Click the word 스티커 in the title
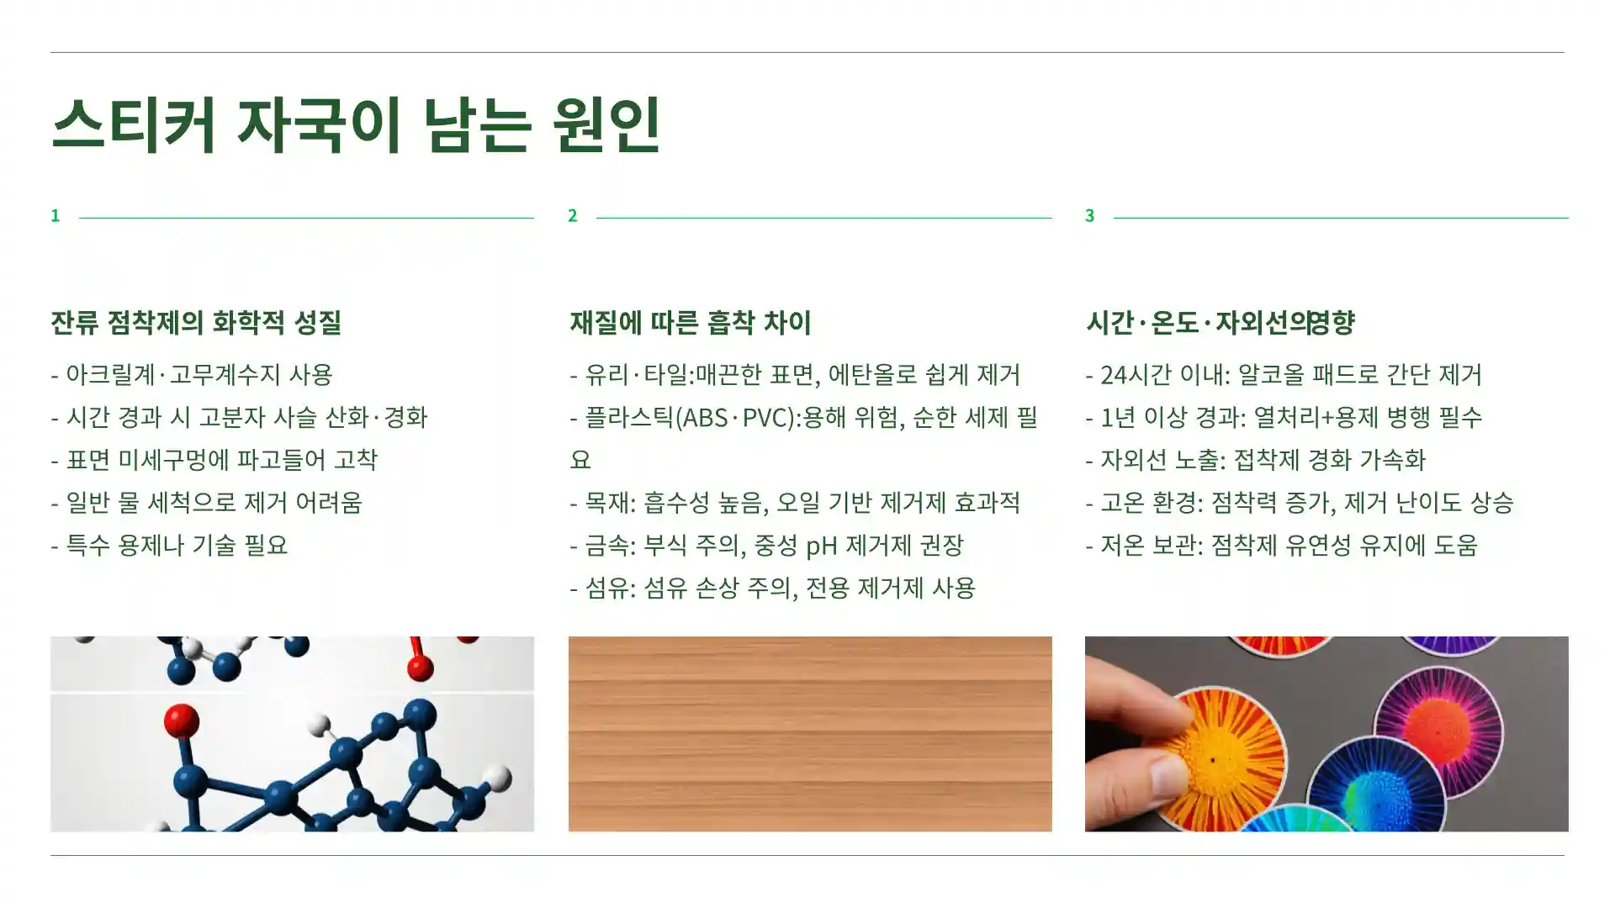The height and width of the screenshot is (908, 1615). [x=135, y=124]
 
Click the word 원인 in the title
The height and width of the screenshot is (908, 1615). [x=606, y=124]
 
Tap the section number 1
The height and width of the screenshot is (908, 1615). [x=56, y=216]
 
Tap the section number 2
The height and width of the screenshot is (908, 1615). [x=573, y=216]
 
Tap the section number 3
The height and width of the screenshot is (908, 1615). [x=1090, y=216]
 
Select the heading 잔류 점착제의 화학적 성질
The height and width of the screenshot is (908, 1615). [x=196, y=322]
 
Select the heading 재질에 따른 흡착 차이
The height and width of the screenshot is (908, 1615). [x=690, y=322]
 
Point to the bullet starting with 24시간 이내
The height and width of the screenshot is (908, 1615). [x=1284, y=374]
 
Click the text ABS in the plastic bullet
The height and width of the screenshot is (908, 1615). [x=705, y=417]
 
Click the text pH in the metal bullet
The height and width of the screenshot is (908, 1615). [x=821, y=546]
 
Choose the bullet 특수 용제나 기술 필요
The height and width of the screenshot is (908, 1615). [x=169, y=546]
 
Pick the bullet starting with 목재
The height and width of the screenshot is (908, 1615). [x=795, y=503]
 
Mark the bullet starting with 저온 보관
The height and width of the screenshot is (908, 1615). [x=1281, y=546]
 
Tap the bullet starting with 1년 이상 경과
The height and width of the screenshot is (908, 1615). [x=1284, y=417]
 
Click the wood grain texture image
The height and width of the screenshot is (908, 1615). [x=810, y=734]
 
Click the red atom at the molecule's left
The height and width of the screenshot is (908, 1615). [x=181, y=721]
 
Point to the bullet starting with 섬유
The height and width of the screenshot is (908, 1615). [x=772, y=588]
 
